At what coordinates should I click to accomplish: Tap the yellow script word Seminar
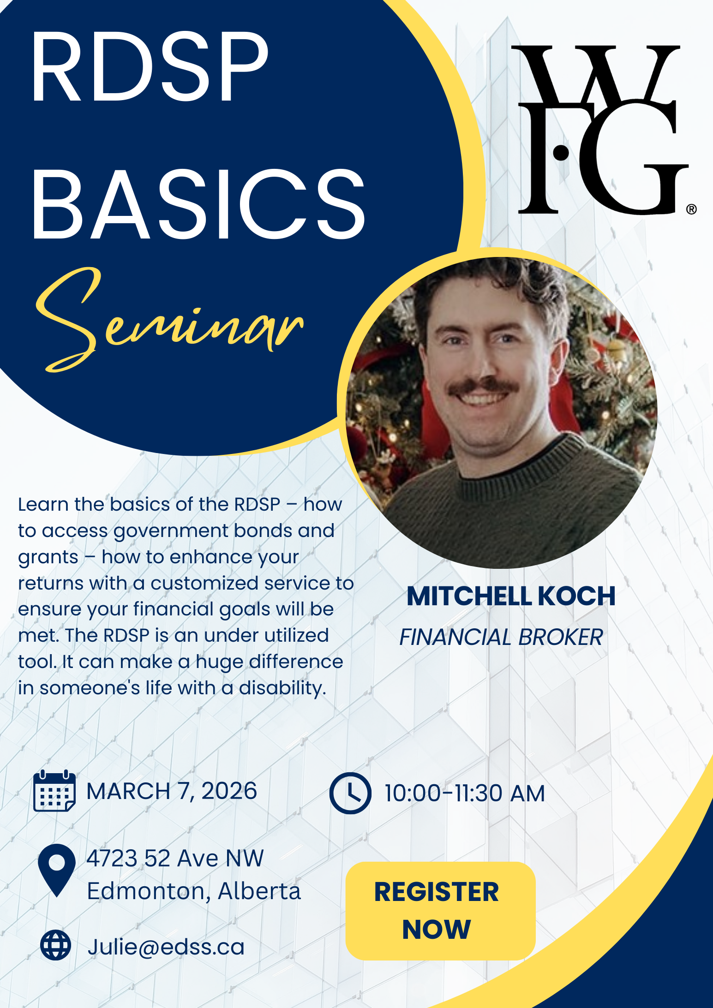(x=170, y=320)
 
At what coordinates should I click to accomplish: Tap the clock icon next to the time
(x=350, y=793)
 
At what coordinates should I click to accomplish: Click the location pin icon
(x=57, y=870)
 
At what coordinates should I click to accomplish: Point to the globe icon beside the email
(x=56, y=945)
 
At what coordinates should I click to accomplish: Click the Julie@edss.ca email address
(x=166, y=947)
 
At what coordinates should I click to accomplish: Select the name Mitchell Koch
(x=511, y=596)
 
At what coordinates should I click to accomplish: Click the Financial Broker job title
(x=501, y=637)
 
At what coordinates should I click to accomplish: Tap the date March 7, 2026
(x=172, y=791)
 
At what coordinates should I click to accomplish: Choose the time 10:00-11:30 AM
(x=465, y=793)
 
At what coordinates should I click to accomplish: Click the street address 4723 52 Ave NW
(x=175, y=859)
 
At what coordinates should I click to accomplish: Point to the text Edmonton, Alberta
(x=194, y=891)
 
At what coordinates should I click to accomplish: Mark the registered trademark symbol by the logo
(x=691, y=209)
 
